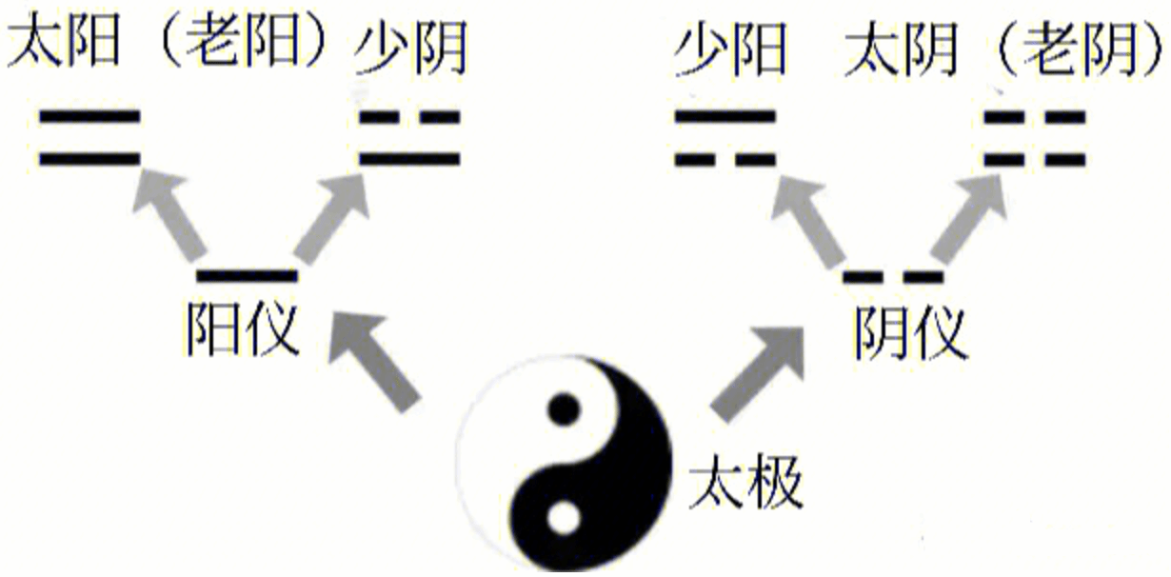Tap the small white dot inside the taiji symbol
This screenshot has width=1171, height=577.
coord(564,520)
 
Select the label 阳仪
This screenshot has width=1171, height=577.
coord(246,328)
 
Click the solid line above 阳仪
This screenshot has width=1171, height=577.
coord(248,276)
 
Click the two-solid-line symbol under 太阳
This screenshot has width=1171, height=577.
coord(90,137)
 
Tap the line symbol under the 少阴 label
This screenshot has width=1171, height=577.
coord(410,137)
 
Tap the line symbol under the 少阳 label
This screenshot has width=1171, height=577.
coord(726,137)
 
